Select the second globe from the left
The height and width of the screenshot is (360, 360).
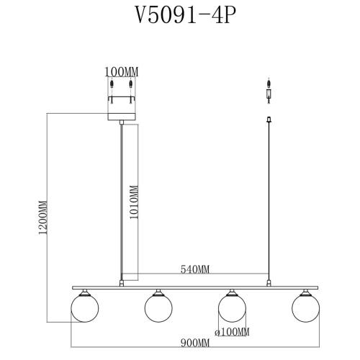click(x=158, y=308)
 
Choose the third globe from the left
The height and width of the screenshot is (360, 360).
click(x=232, y=308)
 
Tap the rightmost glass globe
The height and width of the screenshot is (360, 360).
click(x=306, y=308)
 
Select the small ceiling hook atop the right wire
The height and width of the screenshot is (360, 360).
click(x=269, y=120)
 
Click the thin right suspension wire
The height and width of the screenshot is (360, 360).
click(x=269, y=202)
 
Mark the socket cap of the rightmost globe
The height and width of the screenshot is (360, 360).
click(x=306, y=292)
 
